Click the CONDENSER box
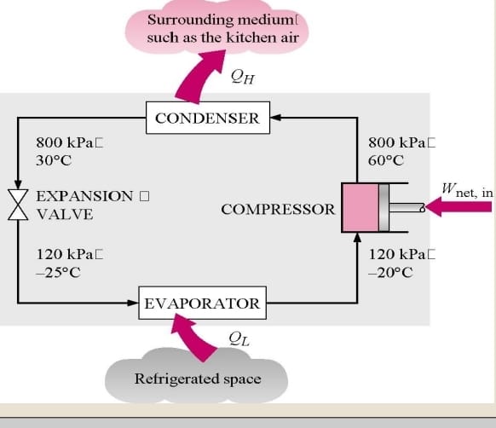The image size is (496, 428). (x=208, y=119)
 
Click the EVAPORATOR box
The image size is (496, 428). (x=202, y=304)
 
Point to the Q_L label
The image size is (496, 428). (x=239, y=341)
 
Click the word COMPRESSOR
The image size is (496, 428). (x=278, y=209)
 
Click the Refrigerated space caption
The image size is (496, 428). (x=198, y=379)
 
